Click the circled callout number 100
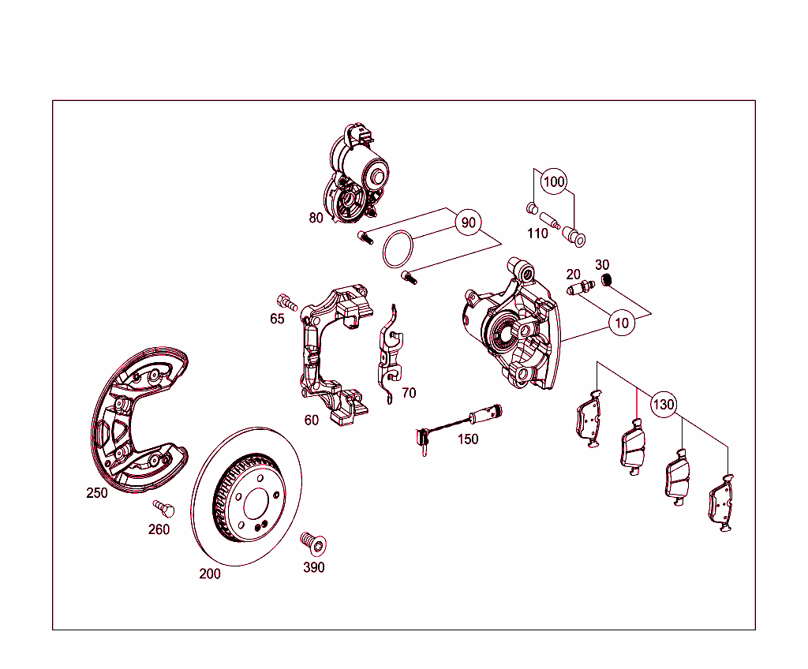click(555, 182)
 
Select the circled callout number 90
click(469, 223)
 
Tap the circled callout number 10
click(623, 323)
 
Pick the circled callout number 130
click(664, 405)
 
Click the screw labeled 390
click(312, 543)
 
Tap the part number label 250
click(97, 493)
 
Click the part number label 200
click(210, 574)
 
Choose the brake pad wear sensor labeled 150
click(458, 422)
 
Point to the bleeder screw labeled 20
click(580, 290)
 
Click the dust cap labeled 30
click(607, 280)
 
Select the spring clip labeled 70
click(391, 355)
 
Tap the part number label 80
click(316, 219)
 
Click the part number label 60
click(312, 420)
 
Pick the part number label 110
click(537, 234)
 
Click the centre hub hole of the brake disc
click(256, 504)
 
